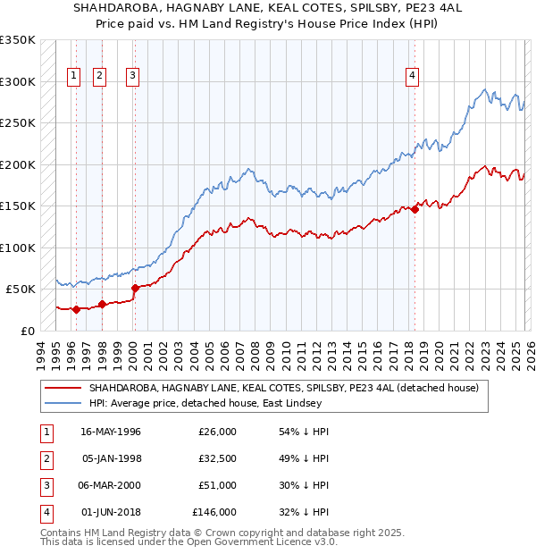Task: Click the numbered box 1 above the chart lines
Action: [72, 76]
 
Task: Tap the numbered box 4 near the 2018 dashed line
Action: [412, 76]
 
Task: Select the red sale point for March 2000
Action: [136, 288]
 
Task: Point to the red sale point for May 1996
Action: [76, 309]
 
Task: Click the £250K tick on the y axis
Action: [18, 123]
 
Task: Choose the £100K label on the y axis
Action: [18, 248]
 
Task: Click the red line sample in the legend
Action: [63, 388]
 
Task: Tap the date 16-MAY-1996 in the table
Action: [111, 432]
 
